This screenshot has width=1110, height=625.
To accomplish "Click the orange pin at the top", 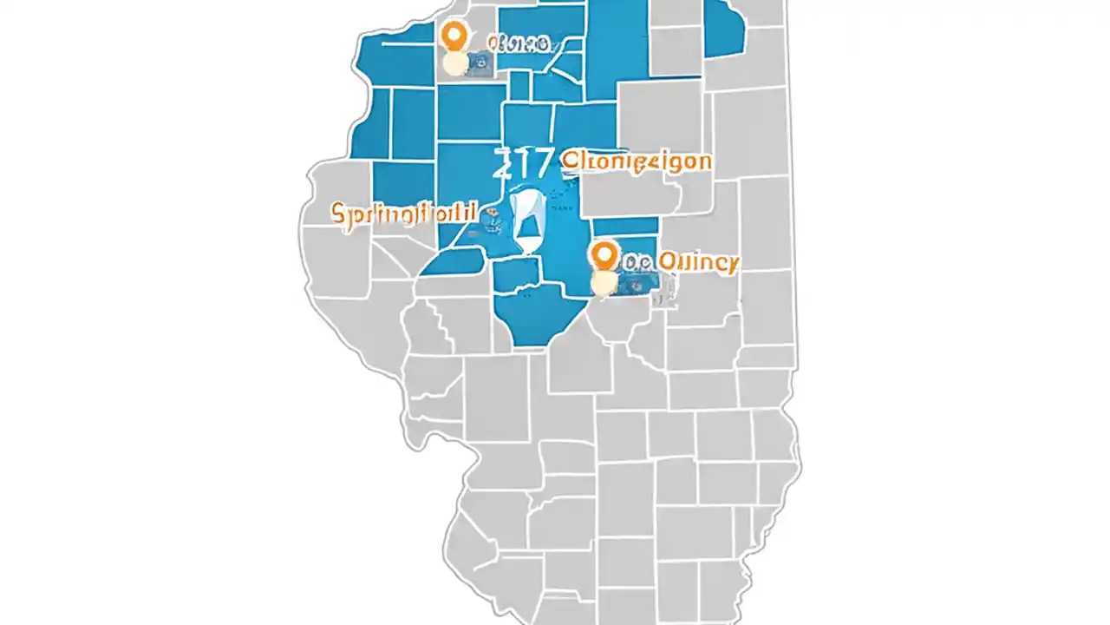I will point(454,36).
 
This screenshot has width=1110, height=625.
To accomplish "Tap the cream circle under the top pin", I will point(454,63).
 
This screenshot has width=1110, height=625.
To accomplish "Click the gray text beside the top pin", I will point(517,43).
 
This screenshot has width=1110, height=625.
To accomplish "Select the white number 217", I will point(523,163).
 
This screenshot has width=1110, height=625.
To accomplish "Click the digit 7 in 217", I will point(541,163).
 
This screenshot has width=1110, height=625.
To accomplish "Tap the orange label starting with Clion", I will point(637,161).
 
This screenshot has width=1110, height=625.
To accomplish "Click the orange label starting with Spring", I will point(404,213).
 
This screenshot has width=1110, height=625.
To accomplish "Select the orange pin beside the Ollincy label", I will point(604,257).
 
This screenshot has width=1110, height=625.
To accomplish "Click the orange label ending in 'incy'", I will point(697,261).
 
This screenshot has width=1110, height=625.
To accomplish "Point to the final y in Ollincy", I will point(732,263).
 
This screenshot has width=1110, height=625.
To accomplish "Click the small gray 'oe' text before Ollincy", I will point(637,261).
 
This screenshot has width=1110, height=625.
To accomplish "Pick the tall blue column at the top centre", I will point(617,43).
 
